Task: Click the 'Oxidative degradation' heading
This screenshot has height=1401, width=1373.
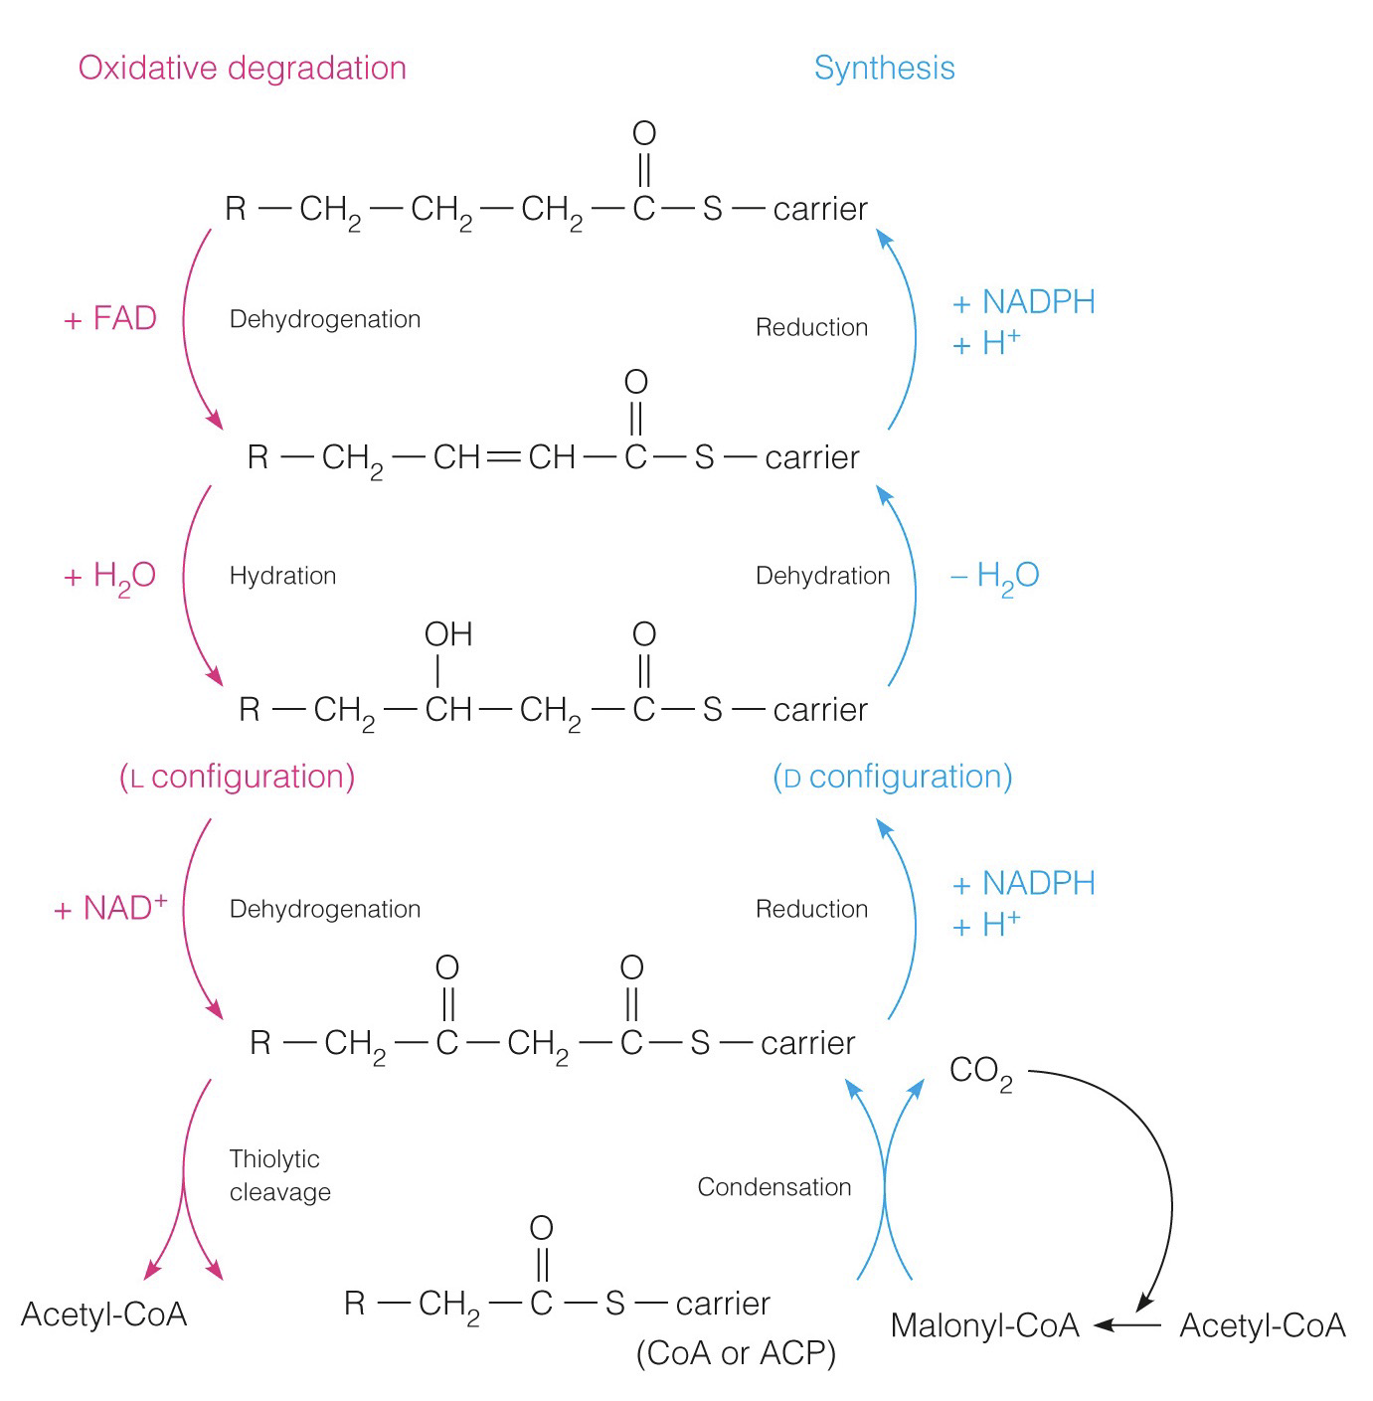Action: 243,68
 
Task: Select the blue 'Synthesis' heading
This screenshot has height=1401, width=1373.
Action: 884,68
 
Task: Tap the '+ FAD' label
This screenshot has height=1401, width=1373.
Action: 110,319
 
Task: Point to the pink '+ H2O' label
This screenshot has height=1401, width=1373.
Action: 110,577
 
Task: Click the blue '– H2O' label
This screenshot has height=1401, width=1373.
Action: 995,576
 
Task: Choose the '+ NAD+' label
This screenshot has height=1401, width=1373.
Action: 110,908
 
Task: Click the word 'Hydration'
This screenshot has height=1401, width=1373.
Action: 282,576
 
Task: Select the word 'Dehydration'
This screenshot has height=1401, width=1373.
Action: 822,576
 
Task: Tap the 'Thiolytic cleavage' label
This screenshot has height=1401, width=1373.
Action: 279,1175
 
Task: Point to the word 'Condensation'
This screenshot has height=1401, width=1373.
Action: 773,1186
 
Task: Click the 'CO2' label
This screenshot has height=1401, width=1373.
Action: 980,1072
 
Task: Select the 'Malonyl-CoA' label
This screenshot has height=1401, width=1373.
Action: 984,1325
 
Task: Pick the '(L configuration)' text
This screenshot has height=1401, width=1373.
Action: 237,777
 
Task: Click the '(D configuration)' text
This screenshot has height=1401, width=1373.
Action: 892,777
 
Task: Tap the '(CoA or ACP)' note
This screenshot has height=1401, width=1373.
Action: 736,1353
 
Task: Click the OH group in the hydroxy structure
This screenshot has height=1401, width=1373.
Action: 448,634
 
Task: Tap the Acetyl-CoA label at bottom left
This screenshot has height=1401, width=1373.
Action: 103,1314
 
